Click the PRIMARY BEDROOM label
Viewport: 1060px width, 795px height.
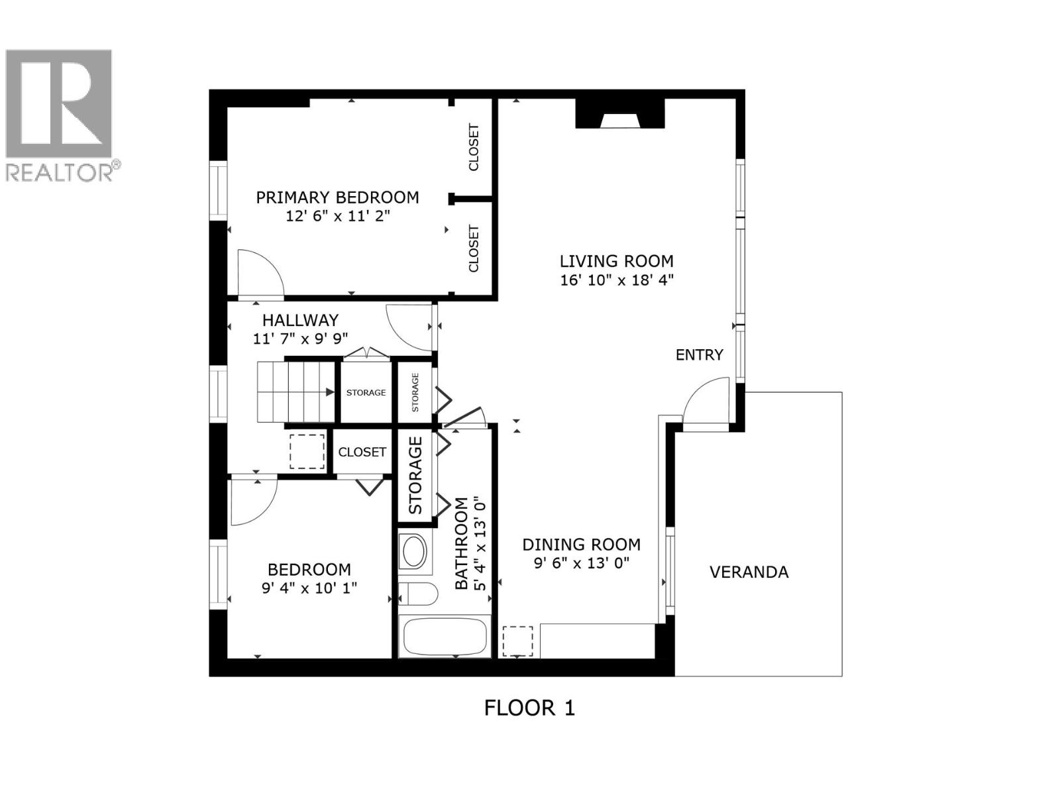tap(337, 197)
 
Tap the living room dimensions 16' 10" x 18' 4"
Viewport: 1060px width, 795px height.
tap(616, 280)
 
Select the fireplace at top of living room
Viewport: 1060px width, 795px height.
tap(619, 114)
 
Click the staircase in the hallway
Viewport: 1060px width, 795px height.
tap(296, 392)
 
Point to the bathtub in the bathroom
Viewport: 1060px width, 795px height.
tap(445, 636)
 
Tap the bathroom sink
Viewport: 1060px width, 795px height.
tap(415, 551)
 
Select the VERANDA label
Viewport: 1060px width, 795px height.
tap(749, 572)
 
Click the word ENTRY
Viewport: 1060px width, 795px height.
tap(699, 355)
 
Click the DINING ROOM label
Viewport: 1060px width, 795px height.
tap(581, 545)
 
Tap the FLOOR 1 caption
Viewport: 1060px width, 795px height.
tap(529, 708)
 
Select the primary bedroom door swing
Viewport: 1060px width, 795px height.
tap(259, 273)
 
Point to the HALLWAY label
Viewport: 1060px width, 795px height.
tap(300, 320)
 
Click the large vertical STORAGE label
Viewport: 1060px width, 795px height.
tap(415, 475)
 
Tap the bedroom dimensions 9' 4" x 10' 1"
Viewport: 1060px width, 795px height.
tap(309, 588)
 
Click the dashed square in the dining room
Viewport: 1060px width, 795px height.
tap(517, 641)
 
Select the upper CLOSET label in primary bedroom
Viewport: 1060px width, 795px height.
tap(474, 147)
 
